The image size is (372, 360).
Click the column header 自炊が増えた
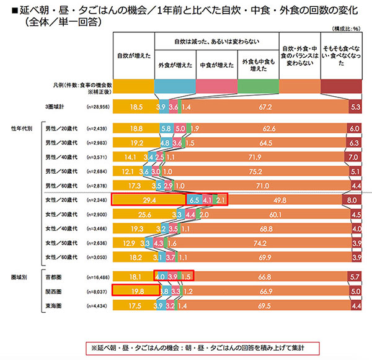coord(132,55)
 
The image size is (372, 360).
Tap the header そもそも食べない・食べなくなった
coord(342,55)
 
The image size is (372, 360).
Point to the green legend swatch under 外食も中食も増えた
coord(258,86)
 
